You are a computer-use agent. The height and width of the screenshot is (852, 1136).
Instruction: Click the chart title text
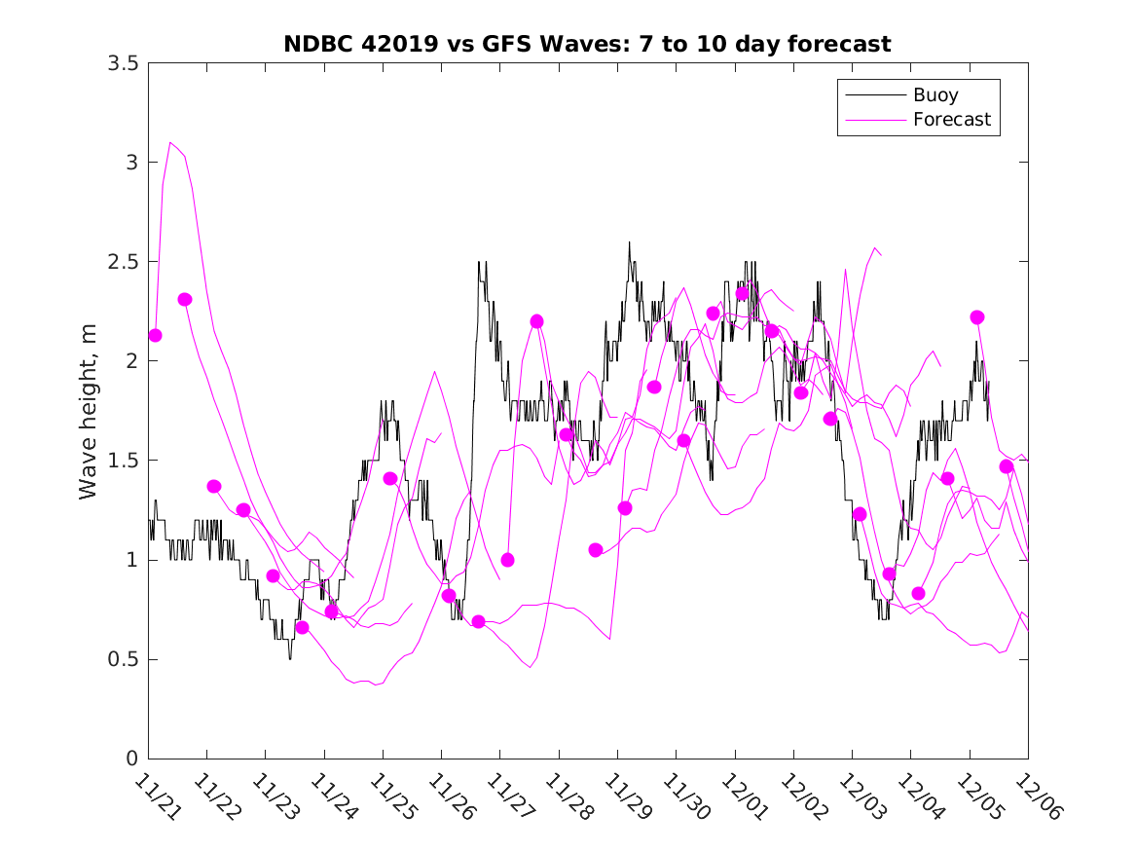[x=587, y=45]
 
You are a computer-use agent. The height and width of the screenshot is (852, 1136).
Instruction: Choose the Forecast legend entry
[x=951, y=120]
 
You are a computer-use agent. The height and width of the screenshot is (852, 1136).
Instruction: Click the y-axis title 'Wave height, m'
[x=89, y=411]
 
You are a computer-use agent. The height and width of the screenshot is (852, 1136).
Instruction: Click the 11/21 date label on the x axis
[x=159, y=796]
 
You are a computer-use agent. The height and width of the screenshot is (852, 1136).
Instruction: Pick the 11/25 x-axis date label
[x=393, y=796]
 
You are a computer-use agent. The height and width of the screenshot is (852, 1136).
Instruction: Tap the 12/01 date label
[x=746, y=796]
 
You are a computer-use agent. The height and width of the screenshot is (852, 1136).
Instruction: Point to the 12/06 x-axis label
[x=1039, y=796]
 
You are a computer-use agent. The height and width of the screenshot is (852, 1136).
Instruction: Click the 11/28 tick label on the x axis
[x=569, y=796]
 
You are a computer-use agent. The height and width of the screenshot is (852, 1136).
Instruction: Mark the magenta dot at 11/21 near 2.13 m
[x=155, y=335]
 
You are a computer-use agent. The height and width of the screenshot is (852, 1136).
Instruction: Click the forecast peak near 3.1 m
[x=171, y=142]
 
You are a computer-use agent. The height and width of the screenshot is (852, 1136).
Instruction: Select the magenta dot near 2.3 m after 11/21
[x=185, y=300]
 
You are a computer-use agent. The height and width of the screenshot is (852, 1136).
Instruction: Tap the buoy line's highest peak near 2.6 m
[x=629, y=242]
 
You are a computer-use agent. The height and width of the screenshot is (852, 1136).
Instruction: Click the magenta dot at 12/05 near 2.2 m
[x=977, y=317]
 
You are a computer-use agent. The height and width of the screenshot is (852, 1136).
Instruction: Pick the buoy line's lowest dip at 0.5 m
[x=290, y=658]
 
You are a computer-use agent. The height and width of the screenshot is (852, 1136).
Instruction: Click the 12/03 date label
[x=862, y=796]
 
